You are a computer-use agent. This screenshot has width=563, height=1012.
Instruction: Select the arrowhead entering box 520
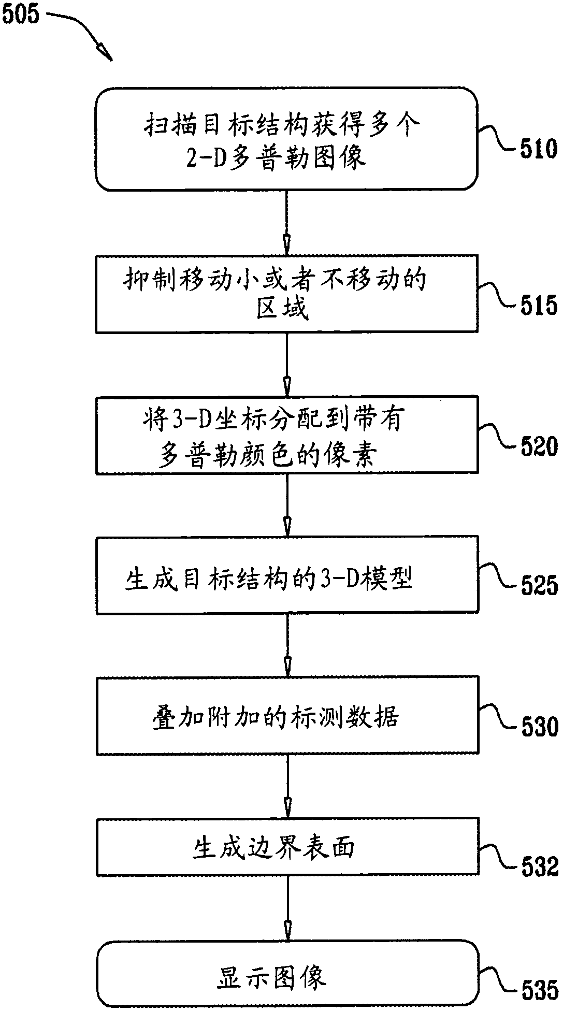286,385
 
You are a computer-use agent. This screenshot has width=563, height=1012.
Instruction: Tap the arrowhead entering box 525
286,526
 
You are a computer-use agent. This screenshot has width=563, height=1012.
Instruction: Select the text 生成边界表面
273,849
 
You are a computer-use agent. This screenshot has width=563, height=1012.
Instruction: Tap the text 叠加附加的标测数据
275,718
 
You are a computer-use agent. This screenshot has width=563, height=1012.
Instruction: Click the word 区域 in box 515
283,309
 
